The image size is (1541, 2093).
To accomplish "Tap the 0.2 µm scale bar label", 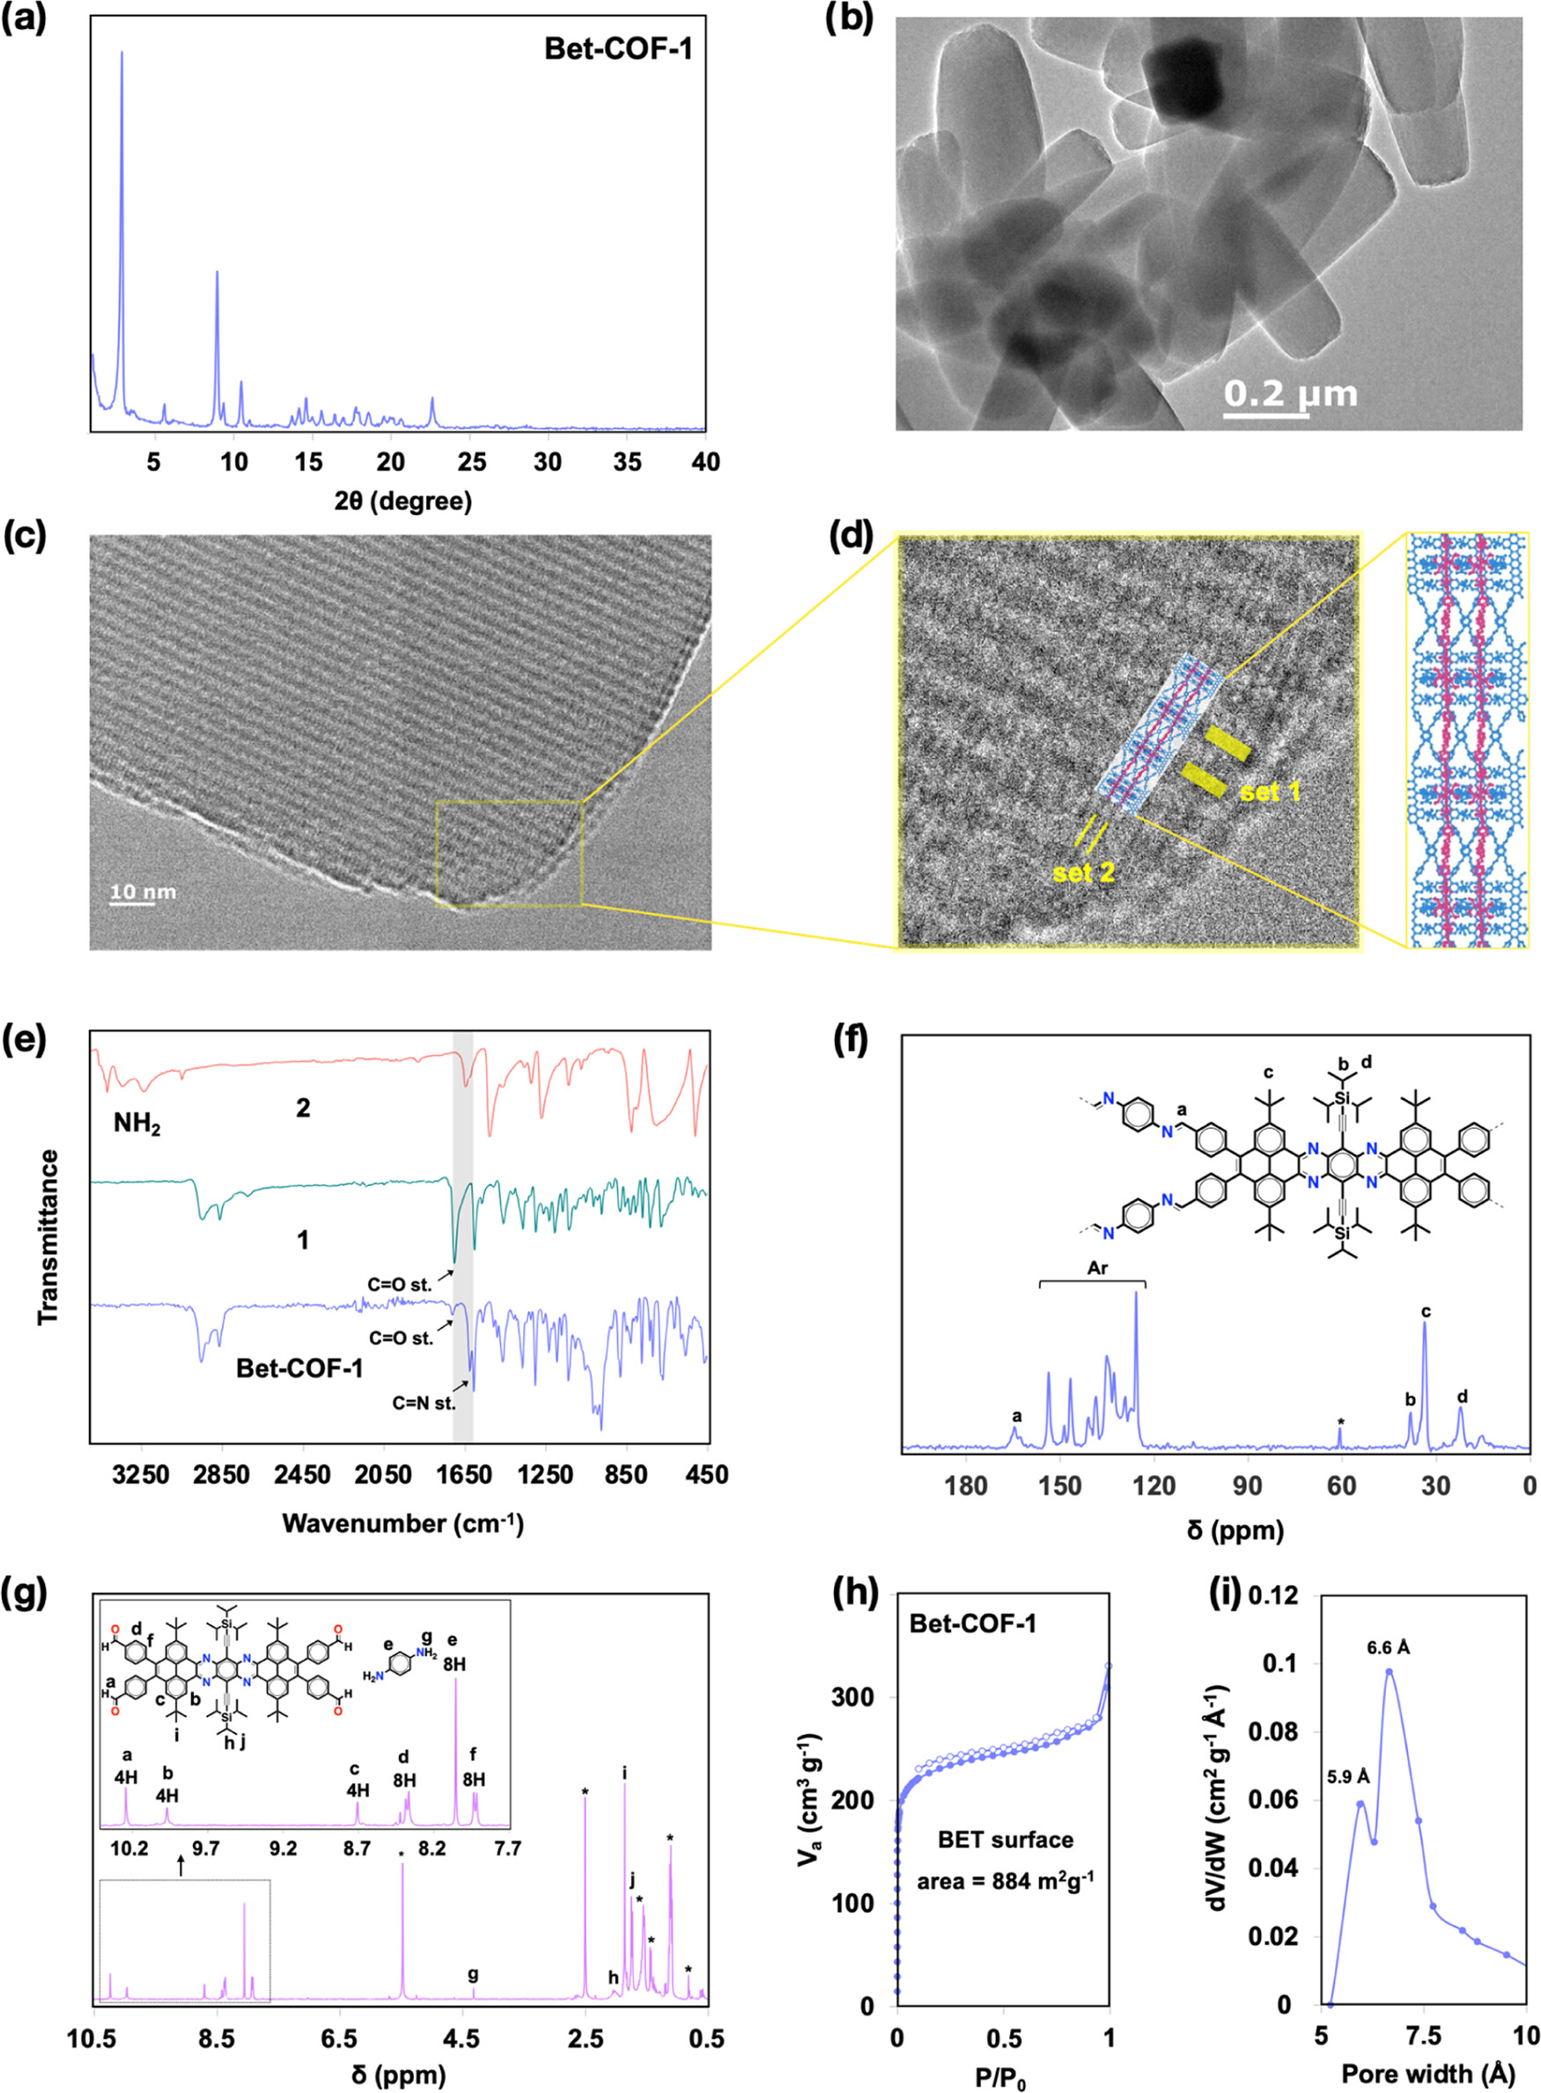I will coord(1290,394).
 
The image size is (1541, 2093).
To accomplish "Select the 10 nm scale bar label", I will coord(143,892).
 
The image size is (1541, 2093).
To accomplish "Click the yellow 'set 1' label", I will coord(1270,792).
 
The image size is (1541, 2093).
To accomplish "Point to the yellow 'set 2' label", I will coord(1083,873).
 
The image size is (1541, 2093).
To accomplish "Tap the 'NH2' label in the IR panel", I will coord(137,1124).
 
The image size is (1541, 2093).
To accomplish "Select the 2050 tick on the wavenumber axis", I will coord(383,1475).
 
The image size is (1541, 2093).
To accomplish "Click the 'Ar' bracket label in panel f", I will coord(1097,1269).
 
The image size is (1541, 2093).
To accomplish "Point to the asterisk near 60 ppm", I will coord(1340,1422).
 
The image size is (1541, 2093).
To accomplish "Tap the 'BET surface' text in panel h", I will coord(1006,1839).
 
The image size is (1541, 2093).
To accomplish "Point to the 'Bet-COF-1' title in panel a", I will coord(618,48).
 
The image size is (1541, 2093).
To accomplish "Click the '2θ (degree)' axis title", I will coord(403,502).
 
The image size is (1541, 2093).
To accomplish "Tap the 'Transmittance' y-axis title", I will coord(48,1238).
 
